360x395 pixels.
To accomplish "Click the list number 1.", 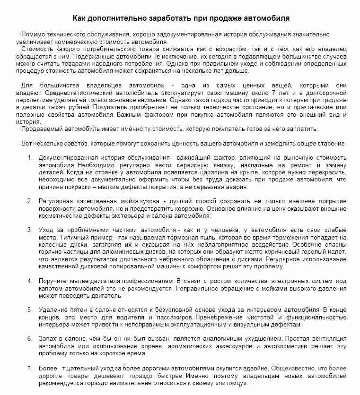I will coord(29,157).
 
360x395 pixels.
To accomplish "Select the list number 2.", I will coord(29,201).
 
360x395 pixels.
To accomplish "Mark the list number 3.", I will coord(29,230).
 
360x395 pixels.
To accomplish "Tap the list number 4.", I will coord(29,281).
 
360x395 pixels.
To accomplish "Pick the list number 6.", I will coord(29,339).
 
